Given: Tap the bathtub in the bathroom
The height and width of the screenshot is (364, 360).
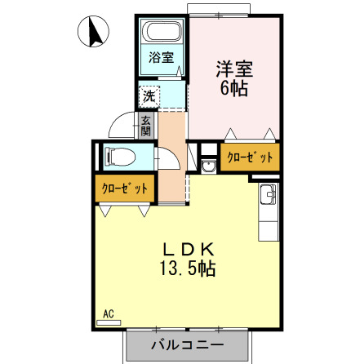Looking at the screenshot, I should point(161,35).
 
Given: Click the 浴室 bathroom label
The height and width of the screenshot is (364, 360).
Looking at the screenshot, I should point(161,57).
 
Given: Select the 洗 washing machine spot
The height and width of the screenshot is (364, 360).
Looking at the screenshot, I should point(149,95).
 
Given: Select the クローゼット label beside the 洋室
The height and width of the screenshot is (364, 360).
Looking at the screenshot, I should point(250,158).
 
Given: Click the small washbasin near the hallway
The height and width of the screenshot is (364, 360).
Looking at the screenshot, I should point(208,166).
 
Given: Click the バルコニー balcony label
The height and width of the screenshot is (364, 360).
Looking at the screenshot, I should point(186,345).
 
